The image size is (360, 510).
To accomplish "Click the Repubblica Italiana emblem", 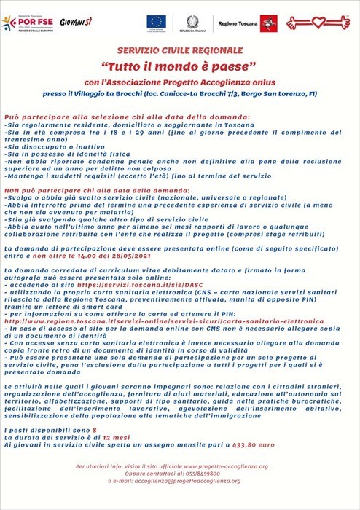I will pyautogui.click(x=192, y=20).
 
